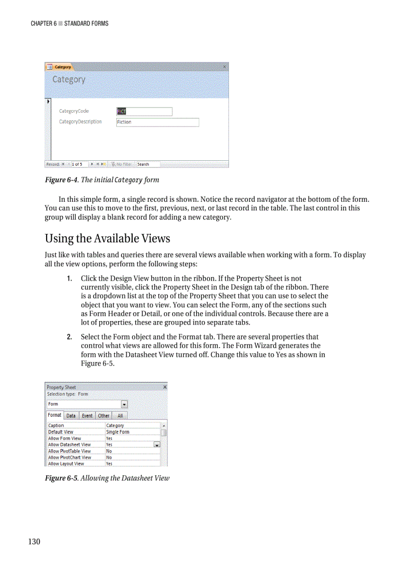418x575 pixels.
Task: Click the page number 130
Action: click(34, 542)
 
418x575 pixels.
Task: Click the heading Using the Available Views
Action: click(108, 239)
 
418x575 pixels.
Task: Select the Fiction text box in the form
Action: click(157, 122)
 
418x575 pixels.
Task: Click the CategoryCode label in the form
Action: click(74, 111)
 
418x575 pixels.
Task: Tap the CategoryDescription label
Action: click(80, 122)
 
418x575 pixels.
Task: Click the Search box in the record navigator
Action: click(148, 164)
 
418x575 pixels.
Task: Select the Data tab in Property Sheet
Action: click(71, 416)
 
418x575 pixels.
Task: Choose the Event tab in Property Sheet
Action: click(87, 416)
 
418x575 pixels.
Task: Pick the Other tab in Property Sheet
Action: click(103, 416)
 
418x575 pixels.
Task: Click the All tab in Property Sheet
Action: click(120, 416)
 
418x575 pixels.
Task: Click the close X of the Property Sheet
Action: click(164, 387)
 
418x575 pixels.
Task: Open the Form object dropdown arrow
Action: click(124, 404)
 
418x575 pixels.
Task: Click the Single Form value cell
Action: click(132, 432)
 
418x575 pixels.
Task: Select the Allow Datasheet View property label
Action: click(69, 445)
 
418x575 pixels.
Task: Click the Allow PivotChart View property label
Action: click(70, 458)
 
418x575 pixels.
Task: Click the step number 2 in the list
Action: click(69, 337)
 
